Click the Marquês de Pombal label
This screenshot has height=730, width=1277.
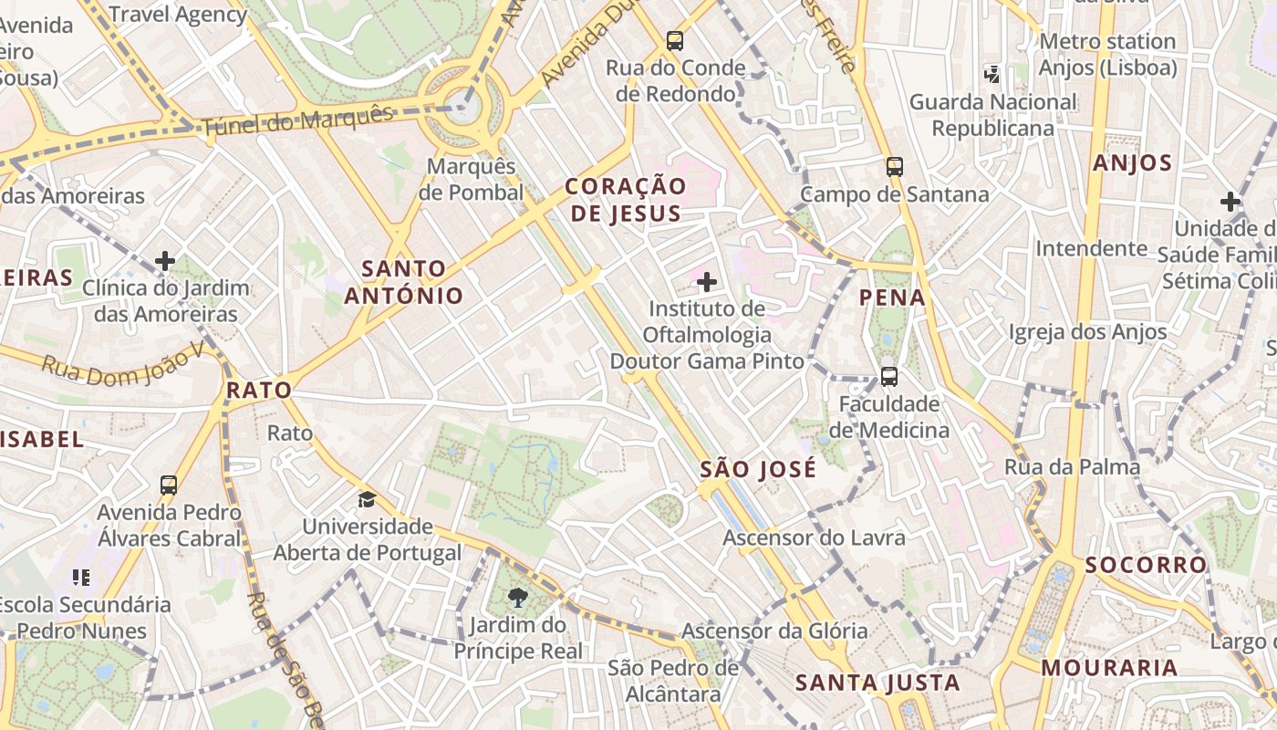(x=472, y=180)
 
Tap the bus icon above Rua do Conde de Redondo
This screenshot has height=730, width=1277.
(x=675, y=40)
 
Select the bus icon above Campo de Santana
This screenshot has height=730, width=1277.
(x=895, y=166)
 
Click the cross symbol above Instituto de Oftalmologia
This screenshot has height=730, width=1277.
(x=707, y=282)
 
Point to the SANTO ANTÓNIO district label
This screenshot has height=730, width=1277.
(x=404, y=282)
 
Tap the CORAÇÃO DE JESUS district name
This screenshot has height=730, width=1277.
(x=624, y=200)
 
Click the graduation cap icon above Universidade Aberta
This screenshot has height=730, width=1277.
(x=367, y=499)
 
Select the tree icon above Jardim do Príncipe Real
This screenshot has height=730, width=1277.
(x=518, y=598)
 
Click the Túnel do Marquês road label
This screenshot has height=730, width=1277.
(x=297, y=120)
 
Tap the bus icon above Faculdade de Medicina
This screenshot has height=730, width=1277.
(x=889, y=376)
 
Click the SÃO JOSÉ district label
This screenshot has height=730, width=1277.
(x=758, y=470)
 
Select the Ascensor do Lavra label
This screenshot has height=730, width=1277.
(x=814, y=537)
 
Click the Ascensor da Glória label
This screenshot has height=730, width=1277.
(x=774, y=631)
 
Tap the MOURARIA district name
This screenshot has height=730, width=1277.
(x=1109, y=667)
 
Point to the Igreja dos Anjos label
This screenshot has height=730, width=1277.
(x=1087, y=332)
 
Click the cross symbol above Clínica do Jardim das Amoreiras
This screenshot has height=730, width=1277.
(x=165, y=261)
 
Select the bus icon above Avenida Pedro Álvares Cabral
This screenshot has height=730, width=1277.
(x=169, y=485)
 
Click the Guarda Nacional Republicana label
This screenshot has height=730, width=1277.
(x=992, y=115)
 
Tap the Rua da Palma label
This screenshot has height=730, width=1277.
(x=1072, y=467)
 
